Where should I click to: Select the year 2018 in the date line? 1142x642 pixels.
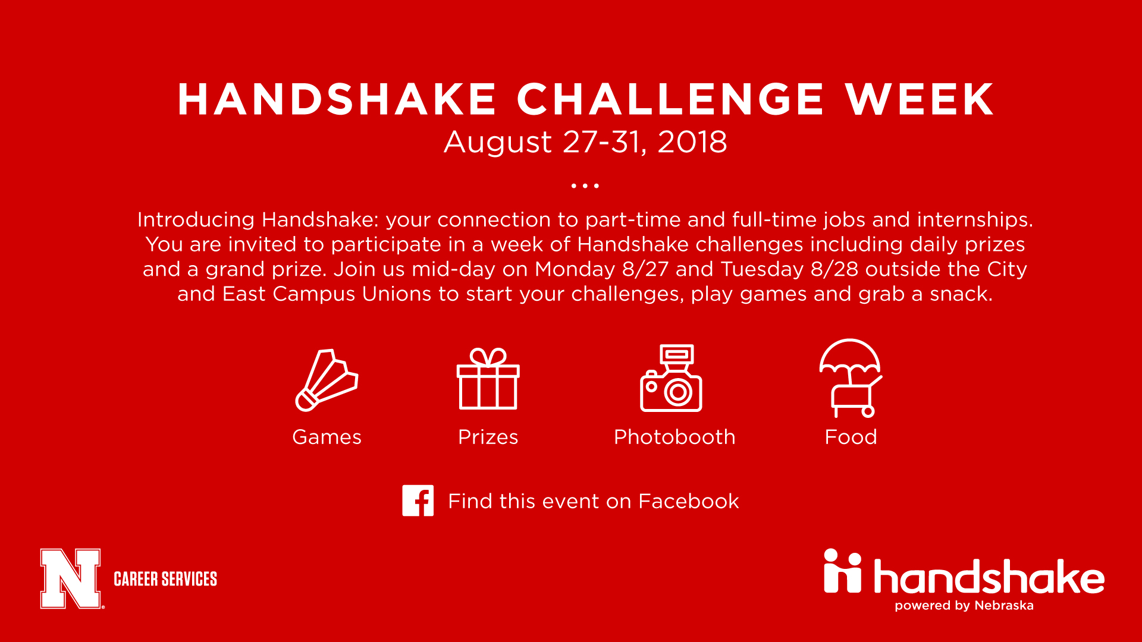(x=692, y=142)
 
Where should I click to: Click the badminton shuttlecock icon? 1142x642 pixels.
(x=327, y=380)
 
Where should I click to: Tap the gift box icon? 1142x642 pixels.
(x=488, y=379)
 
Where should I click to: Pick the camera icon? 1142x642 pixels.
(x=671, y=378)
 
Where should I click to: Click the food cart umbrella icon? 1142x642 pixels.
(x=851, y=378)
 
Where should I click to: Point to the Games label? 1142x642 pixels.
(x=327, y=437)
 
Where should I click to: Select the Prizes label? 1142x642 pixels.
(x=488, y=437)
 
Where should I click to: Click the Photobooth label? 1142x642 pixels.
(x=674, y=437)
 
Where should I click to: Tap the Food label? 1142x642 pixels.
(x=851, y=437)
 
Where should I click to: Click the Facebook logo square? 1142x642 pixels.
(x=418, y=501)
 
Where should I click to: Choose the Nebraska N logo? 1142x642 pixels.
(x=71, y=578)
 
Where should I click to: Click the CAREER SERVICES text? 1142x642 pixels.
(x=165, y=579)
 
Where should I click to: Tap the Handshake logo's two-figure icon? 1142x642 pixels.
(x=842, y=571)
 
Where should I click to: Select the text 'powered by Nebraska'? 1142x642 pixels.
(x=964, y=606)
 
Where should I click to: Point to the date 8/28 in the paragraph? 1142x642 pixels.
(x=834, y=269)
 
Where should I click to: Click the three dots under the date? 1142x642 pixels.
(x=585, y=186)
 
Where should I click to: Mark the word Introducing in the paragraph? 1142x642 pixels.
(x=196, y=220)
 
